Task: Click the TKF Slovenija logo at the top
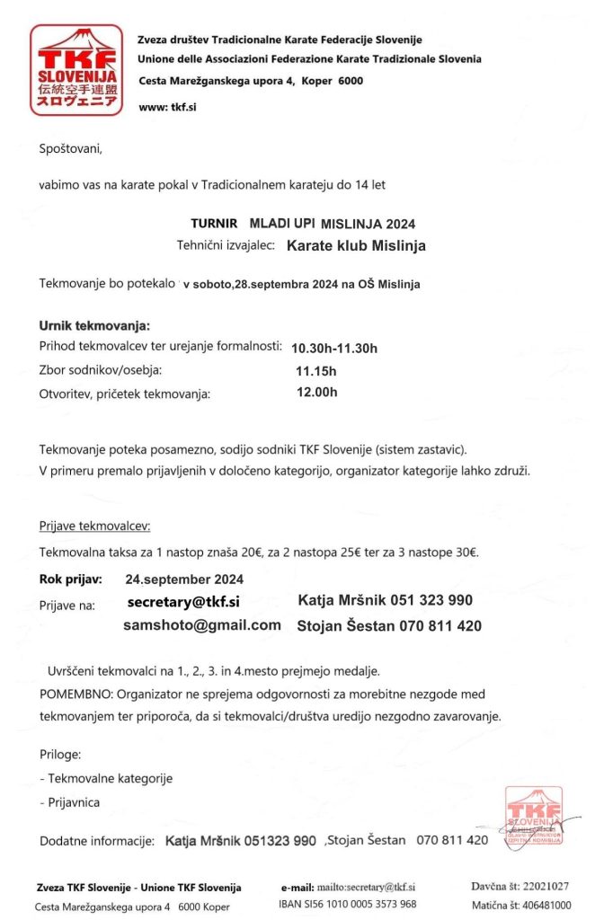[75, 69]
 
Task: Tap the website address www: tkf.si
[168, 107]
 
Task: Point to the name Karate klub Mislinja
[356, 244]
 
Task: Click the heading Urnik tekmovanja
[94, 325]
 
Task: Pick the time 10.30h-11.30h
[334, 348]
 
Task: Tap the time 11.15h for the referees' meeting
[315, 370]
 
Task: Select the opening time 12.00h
[316, 392]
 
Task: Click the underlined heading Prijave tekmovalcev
[95, 525]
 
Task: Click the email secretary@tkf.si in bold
[183, 602]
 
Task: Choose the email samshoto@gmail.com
[202, 625]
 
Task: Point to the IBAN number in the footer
[348, 904]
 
